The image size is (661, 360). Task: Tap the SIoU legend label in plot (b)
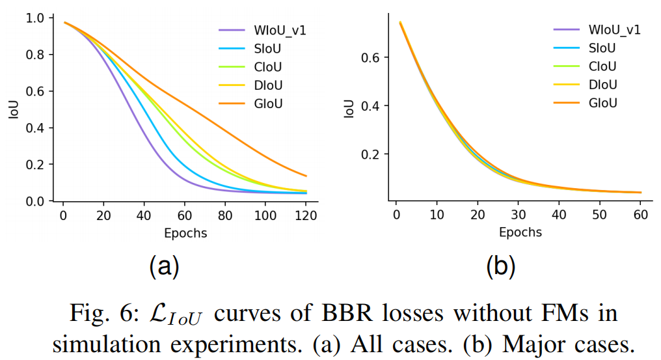coord(602,48)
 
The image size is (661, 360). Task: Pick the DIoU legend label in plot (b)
coord(602,85)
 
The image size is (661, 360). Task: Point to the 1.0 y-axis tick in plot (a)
coord(36,18)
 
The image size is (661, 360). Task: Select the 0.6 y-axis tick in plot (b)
coord(371,57)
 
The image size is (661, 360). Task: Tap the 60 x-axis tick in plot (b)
coord(641,216)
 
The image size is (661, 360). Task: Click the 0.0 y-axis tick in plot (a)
coord(36,202)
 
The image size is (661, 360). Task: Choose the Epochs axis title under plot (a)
coord(185,233)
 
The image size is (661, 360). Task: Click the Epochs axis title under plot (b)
coord(520,232)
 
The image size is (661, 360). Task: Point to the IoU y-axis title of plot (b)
coord(350,107)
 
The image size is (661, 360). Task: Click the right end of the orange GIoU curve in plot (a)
coord(306,176)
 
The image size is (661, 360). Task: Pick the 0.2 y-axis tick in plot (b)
coord(371,154)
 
